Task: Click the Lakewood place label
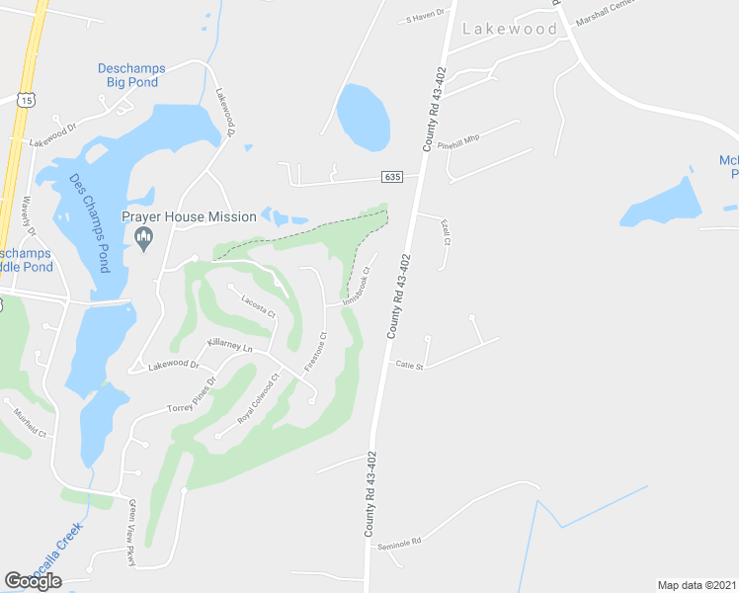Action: (x=510, y=29)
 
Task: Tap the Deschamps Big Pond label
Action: (x=131, y=75)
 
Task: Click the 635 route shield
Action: (x=394, y=177)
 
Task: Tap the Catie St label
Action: (x=409, y=366)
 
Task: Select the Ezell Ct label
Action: (x=447, y=234)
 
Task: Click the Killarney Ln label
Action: (x=230, y=345)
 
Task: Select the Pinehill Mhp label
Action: (x=458, y=140)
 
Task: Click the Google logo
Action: (x=34, y=581)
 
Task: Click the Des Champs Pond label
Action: (x=88, y=210)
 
